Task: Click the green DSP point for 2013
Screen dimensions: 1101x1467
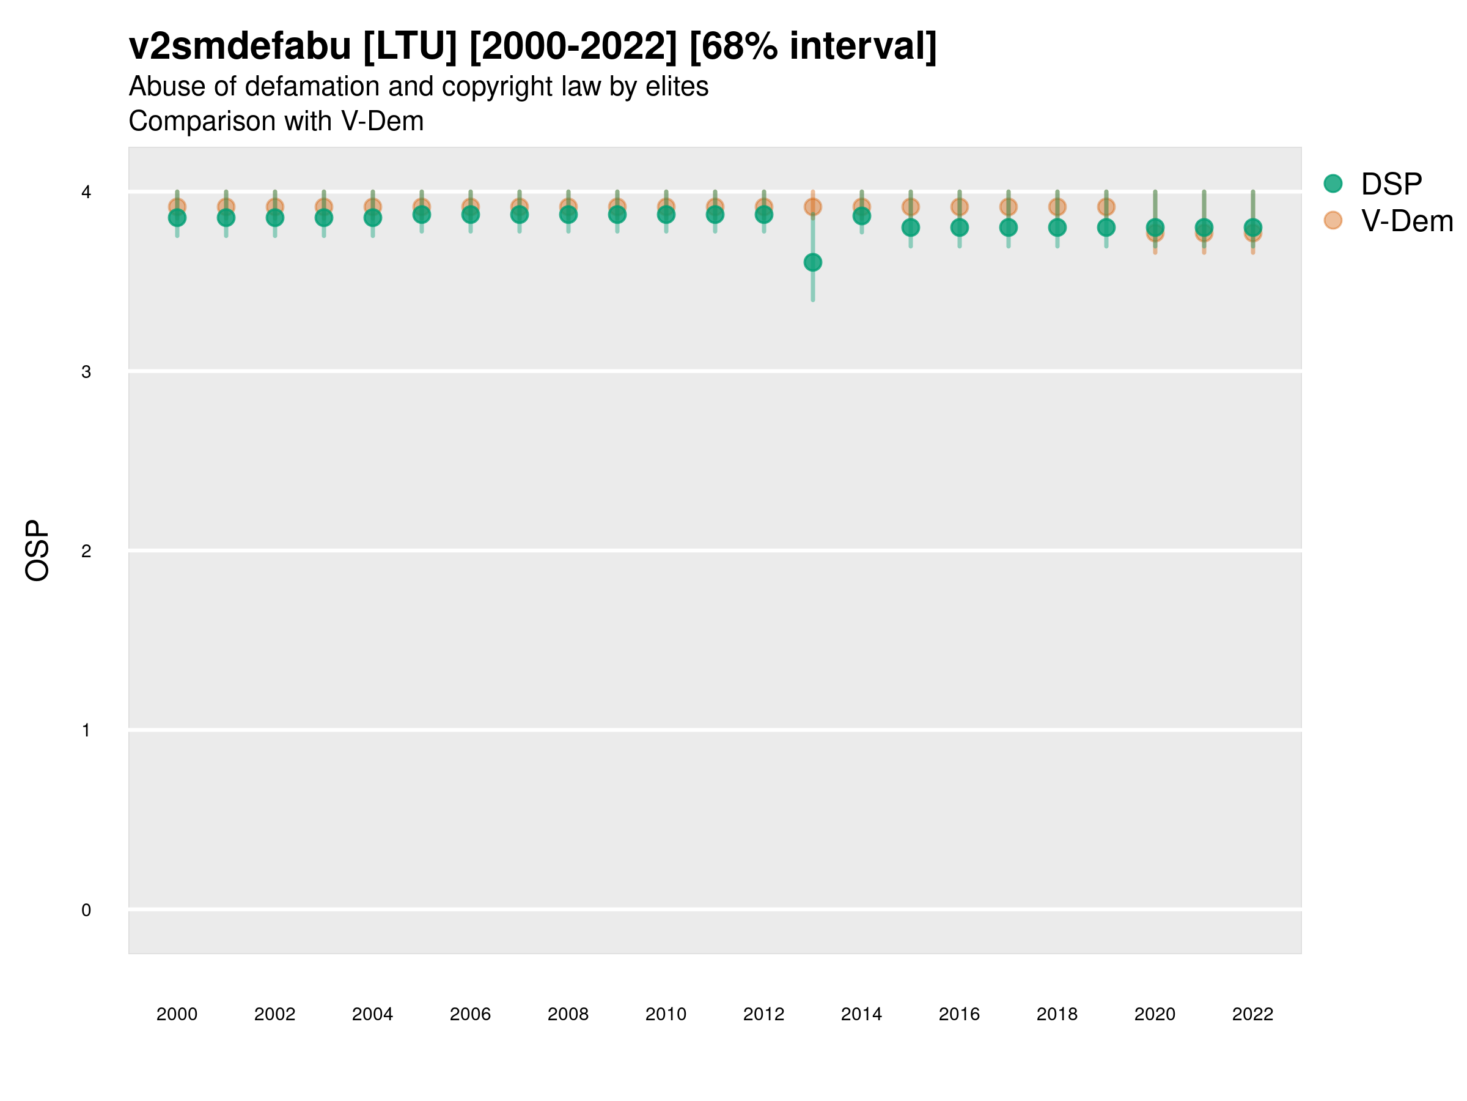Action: pyautogui.click(x=812, y=263)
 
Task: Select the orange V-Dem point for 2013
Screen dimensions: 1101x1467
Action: pyautogui.click(x=812, y=207)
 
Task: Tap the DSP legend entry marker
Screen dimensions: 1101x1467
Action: pyautogui.click(x=1333, y=184)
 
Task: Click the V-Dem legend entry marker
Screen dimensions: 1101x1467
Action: pyautogui.click(x=1333, y=220)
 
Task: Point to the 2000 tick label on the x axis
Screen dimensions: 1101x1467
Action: pyautogui.click(x=177, y=1014)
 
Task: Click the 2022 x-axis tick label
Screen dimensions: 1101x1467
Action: pyautogui.click(x=1252, y=1014)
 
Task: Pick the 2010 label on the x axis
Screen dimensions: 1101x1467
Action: pyautogui.click(x=666, y=1014)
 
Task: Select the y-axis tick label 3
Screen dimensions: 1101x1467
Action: pyautogui.click(x=86, y=372)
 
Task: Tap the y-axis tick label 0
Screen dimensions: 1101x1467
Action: pyautogui.click(x=86, y=910)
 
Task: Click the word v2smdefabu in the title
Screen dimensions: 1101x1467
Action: pyautogui.click(x=240, y=46)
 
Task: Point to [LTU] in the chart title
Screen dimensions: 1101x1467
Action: pyautogui.click(x=410, y=46)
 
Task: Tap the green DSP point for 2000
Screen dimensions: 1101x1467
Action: pyautogui.click(x=177, y=218)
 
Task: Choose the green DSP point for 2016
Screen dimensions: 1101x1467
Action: pyautogui.click(x=959, y=228)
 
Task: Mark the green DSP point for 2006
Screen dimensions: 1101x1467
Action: pyautogui.click(x=470, y=214)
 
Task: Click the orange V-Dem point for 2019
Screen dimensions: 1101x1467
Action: pyautogui.click(x=1106, y=207)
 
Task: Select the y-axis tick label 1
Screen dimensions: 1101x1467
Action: pyautogui.click(x=86, y=731)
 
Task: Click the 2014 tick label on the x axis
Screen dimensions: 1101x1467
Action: pyautogui.click(x=861, y=1014)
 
